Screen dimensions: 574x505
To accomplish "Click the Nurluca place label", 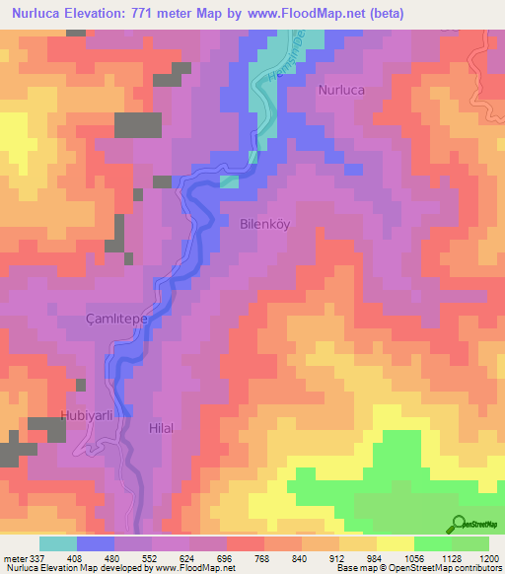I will point(341,89).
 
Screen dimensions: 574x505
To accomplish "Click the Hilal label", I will point(160,428).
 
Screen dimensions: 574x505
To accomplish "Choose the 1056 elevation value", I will point(397,557).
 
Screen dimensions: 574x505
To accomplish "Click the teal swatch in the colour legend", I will point(58,543).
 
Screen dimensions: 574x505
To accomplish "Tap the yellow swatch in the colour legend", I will point(395,543).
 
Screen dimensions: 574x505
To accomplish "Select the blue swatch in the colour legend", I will point(96,543).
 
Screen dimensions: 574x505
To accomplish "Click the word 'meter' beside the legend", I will point(14,557).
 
